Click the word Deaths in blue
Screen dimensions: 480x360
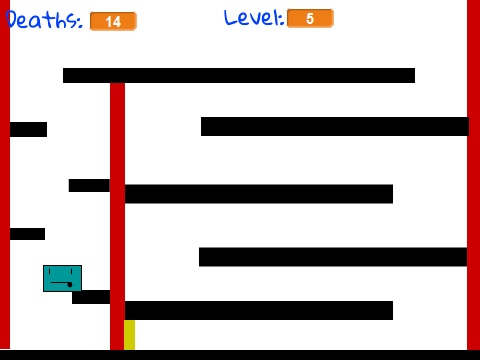[x=44, y=20]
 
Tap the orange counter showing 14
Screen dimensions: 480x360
[x=113, y=22]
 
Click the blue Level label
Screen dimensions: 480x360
[x=254, y=18]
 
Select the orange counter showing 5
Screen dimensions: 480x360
[x=310, y=18]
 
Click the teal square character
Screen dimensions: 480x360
[x=62, y=278]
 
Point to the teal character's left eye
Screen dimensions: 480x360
[x=49, y=272]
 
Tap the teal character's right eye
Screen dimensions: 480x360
[x=72, y=272]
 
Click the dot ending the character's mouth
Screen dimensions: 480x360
[x=70, y=285]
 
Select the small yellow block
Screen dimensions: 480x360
[x=129, y=335]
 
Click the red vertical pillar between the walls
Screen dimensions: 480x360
[x=117, y=216]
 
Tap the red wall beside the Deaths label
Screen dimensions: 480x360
[x=5, y=175]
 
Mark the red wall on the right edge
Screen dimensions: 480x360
[x=473, y=175]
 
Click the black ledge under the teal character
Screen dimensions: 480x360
[x=91, y=297]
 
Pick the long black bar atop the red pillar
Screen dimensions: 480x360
[x=239, y=75]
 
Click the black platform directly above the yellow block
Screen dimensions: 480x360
[x=259, y=310]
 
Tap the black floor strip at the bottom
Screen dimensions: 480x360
[x=240, y=355]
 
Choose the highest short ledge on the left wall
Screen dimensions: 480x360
[x=28, y=129]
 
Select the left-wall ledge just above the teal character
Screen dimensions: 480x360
[x=27, y=234]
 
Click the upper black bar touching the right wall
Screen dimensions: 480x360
[x=335, y=126]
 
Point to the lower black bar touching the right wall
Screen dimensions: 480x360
[x=333, y=257]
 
